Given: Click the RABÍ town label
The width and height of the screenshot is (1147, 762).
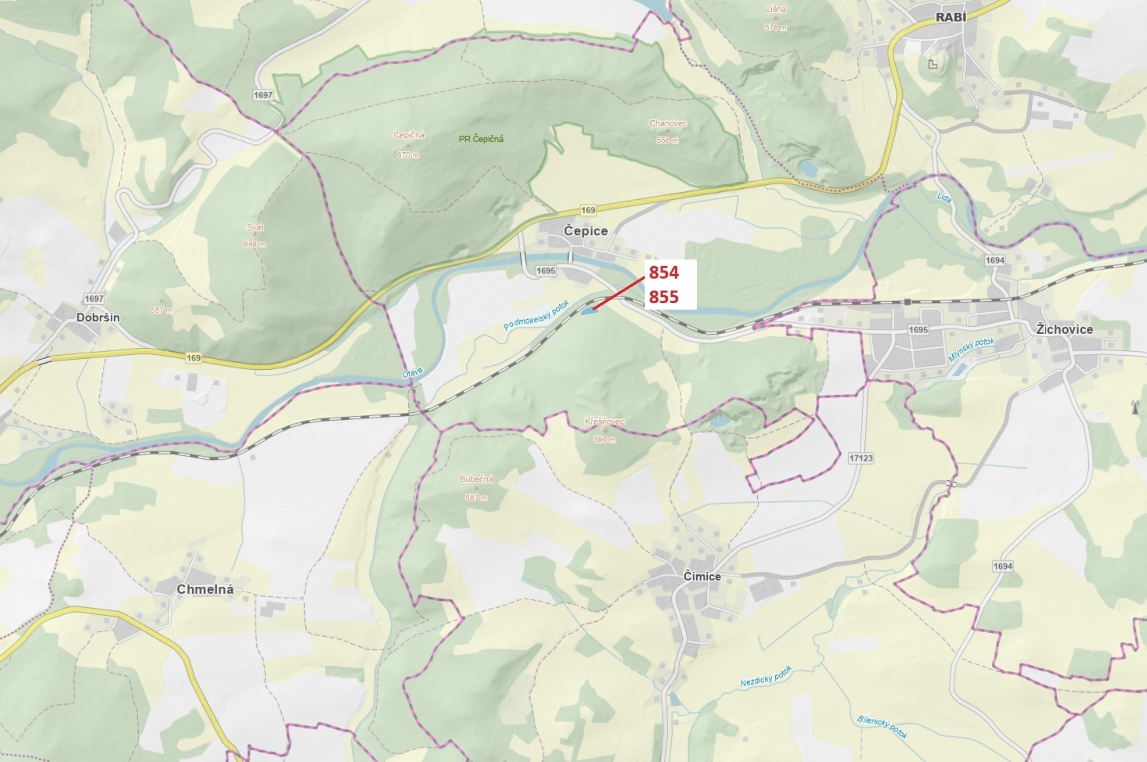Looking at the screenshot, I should pyautogui.click(x=951, y=17).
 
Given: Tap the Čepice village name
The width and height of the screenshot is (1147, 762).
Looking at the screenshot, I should pyautogui.click(x=586, y=231).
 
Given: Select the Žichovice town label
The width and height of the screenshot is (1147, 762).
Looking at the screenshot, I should pyautogui.click(x=1064, y=329).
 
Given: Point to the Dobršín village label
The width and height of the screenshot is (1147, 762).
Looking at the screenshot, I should pyautogui.click(x=98, y=317).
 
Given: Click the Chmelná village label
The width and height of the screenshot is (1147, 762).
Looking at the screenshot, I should pyautogui.click(x=205, y=589).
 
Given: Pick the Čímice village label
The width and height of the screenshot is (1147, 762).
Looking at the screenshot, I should pyautogui.click(x=702, y=576).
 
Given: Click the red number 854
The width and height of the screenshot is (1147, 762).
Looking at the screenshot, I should pyautogui.click(x=664, y=273).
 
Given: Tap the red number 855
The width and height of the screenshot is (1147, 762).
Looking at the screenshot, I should pyautogui.click(x=664, y=297).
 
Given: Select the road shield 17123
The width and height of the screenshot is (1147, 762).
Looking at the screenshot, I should pyautogui.click(x=861, y=458).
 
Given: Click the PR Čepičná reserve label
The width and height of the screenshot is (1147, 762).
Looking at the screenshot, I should pyautogui.click(x=481, y=139).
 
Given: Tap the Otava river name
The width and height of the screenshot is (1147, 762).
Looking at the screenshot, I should pyautogui.click(x=412, y=373).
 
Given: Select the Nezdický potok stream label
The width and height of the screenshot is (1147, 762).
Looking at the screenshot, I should pyautogui.click(x=766, y=676).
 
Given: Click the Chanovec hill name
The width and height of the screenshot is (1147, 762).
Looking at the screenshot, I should pyautogui.click(x=668, y=123).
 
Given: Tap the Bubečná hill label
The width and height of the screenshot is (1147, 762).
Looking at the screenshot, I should pyautogui.click(x=476, y=479).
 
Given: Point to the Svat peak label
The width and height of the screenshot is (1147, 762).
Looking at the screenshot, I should pyautogui.click(x=255, y=227).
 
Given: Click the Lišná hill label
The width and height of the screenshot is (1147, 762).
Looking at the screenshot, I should pyautogui.click(x=776, y=9).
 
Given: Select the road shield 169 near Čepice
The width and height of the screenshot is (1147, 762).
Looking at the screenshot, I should pyautogui.click(x=588, y=210).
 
